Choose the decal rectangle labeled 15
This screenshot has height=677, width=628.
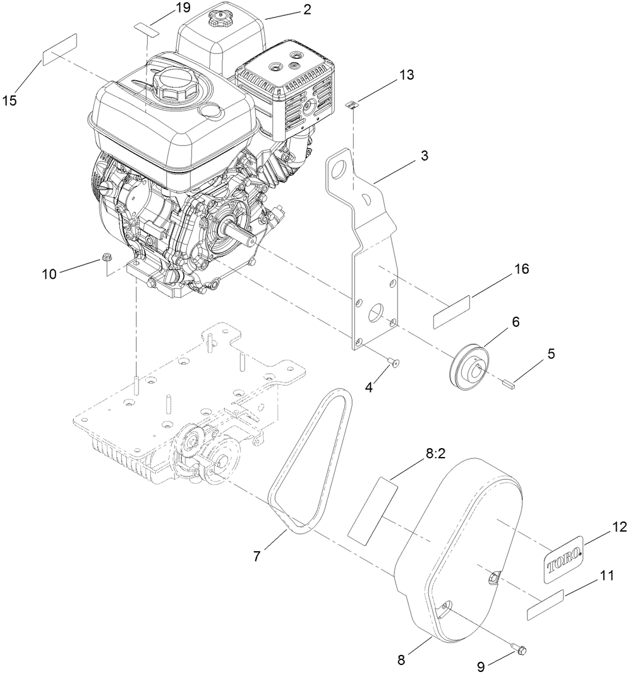click(59, 49)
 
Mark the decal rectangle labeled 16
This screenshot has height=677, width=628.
click(452, 312)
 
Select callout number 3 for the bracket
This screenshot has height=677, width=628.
click(424, 156)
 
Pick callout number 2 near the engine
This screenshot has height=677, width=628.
click(307, 9)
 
